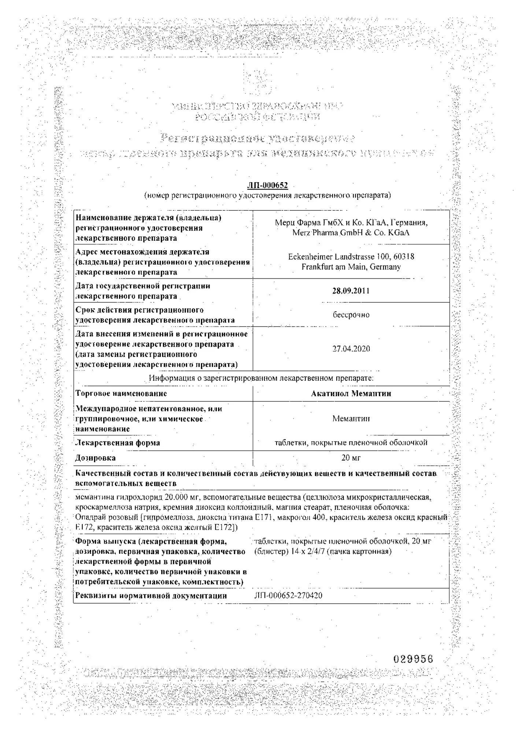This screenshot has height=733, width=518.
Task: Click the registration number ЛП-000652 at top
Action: pyautogui.click(x=267, y=186)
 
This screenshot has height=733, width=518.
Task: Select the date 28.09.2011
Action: pyautogui.click(x=351, y=291)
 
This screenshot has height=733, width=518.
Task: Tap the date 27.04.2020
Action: pyautogui.click(x=351, y=349)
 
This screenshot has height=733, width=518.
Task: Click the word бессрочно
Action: pyautogui.click(x=351, y=315)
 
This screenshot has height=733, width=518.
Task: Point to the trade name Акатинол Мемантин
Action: pyautogui.click(x=351, y=394)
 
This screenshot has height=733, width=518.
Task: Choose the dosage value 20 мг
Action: pyautogui.click(x=351, y=458)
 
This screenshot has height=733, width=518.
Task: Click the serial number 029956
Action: pyautogui.click(x=413, y=659)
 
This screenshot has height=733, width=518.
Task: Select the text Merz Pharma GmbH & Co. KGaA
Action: pyautogui.click(x=351, y=233)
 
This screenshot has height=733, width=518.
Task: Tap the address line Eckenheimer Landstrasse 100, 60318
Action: pyautogui.click(x=351, y=257)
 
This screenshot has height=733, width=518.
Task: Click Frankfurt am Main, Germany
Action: pyautogui.click(x=351, y=267)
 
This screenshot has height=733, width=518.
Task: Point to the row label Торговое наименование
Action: pyautogui.click(x=121, y=394)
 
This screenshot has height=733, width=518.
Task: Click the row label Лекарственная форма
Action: pyautogui.click(x=118, y=443)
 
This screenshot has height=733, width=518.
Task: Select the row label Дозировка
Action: pyautogui.click(x=95, y=458)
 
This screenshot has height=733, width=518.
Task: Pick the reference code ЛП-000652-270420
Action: pyautogui.click(x=288, y=596)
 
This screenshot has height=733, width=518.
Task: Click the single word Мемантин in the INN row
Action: pyautogui.click(x=351, y=419)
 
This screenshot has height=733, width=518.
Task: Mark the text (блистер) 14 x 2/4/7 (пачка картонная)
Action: pyautogui.click(x=323, y=551)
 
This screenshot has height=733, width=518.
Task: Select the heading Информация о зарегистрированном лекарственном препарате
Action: pyautogui.click(x=261, y=378)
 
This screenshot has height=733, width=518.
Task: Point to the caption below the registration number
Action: pyautogui.click(x=267, y=196)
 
